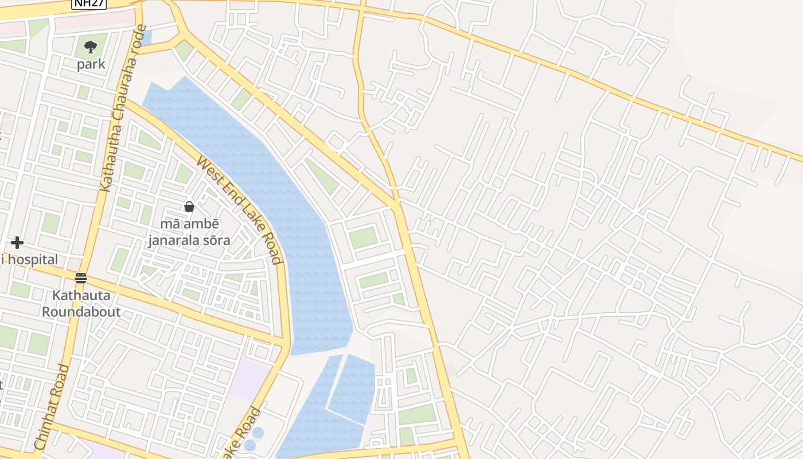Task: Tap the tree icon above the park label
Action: coord(91,46)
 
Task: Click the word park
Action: coord(91,64)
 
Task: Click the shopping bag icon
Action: coord(189,206)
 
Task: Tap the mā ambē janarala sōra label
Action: coord(189,232)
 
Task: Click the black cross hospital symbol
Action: coord(17,243)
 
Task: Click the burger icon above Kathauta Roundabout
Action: coord(81,278)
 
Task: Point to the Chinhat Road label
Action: coord(52,407)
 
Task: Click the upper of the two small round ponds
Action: coord(258,433)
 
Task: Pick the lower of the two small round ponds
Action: coord(250,445)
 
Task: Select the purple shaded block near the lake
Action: coord(248,379)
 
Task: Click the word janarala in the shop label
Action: coord(170,240)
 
